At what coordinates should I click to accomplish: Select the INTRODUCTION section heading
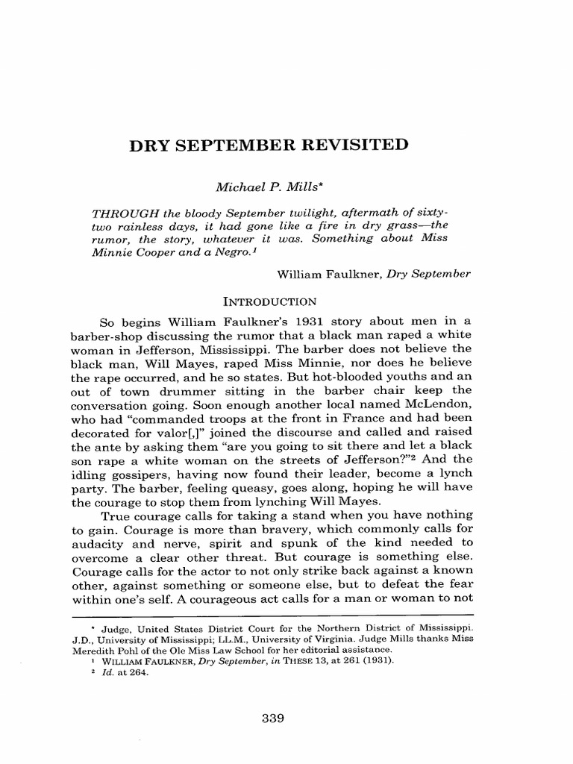tap(271, 301)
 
